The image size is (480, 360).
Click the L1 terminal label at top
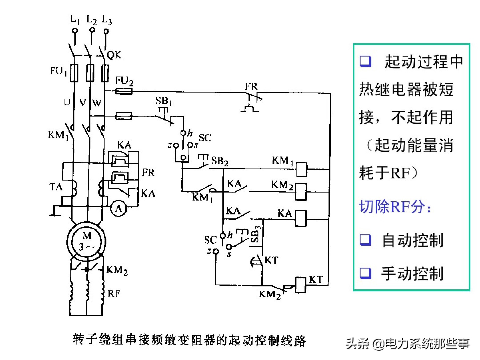[x=75, y=19]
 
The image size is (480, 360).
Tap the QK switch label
[x=114, y=55]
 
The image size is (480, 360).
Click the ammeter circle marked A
[x=118, y=209]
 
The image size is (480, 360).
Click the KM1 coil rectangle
[x=301, y=169]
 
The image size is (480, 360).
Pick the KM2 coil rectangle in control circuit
[x=301, y=191]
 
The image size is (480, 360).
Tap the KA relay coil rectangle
[x=300, y=218]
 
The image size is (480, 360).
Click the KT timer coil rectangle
[x=301, y=285]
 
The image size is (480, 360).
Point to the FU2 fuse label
[x=124, y=81]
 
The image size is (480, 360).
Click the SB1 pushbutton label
[x=163, y=101]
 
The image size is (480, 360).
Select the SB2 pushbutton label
[x=219, y=161]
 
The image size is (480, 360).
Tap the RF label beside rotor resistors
[x=114, y=294]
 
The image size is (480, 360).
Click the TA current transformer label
[x=56, y=187]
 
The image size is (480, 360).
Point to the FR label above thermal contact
[x=251, y=86]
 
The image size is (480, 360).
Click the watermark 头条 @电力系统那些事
[x=407, y=343]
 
